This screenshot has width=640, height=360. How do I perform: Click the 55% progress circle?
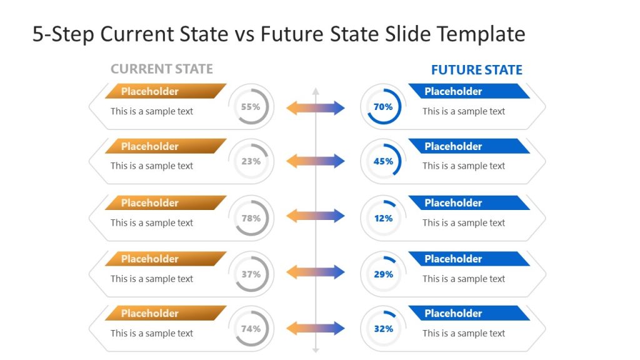pyautogui.click(x=251, y=107)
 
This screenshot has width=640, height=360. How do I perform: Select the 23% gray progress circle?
pyautogui.click(x=251, y=161)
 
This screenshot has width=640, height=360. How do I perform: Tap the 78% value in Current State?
pyautogui.click(x=251, y=218)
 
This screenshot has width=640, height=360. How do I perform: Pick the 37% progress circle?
pyautogui.click(x=251, y=274)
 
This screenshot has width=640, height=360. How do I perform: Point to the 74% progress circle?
pyautogui.click(x=251, y=329)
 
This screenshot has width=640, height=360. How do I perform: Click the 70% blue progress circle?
pyautogui.click(x=383, y=107)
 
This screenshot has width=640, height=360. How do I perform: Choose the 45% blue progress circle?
pyautogui.click(x=383, y=161)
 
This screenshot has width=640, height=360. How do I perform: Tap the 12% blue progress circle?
pyautogui.click(x=383, y=218)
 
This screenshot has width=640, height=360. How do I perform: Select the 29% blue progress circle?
pyautogui.click(x=383, y=274)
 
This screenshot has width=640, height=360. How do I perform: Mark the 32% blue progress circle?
pyautogui.click(x=383, y=329)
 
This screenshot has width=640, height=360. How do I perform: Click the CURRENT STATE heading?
pyautogui.click(x=161, y=69)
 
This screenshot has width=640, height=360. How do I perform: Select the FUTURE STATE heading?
pyautogui.click(x=476, y=70)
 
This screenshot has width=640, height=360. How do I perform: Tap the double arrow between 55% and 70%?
pyautogui.click(x=315, y=107)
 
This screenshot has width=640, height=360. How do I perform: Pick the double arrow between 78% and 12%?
pyautogui.click(x=315, y=216)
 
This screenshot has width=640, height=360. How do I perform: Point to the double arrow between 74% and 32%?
pyautogui.click(x=315, y=328)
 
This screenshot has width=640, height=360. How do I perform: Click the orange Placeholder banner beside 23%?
pyautogui.click(x=164, y=146)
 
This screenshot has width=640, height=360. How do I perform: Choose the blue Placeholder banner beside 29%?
pyautogui.click(x=467, y=259)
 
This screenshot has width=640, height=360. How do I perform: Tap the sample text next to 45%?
pyautogui.click(x=463, y=166)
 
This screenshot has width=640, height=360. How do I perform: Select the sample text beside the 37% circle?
pyautogui.click(x=152, y=279)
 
